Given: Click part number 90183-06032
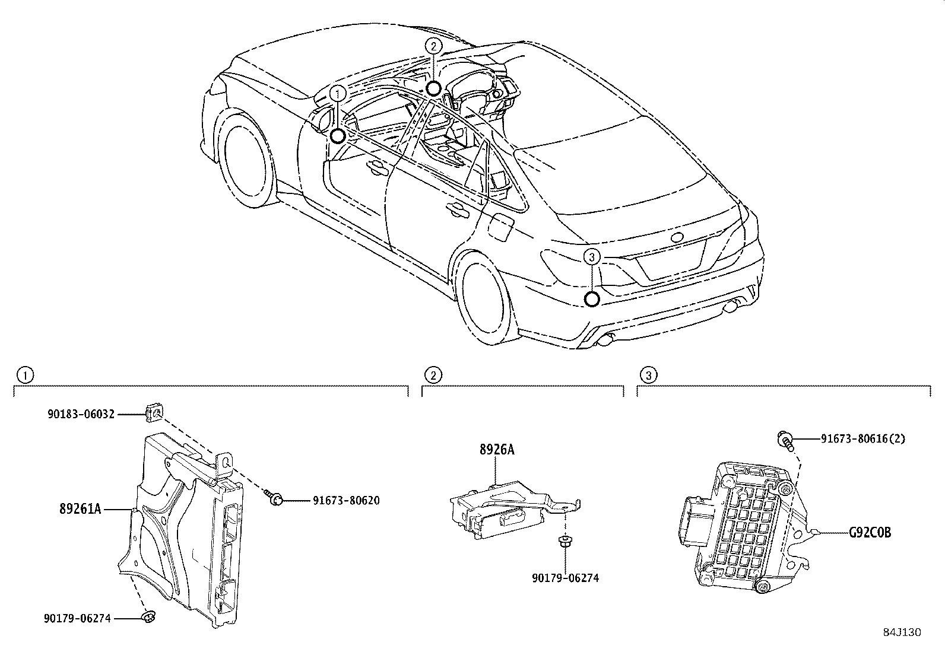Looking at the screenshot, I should (81, 414).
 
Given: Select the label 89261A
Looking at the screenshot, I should (80, 508).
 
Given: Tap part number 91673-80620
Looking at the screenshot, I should (346, 500).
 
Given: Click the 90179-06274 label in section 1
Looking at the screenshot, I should (77, 618).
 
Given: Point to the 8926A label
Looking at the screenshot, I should (497, 450).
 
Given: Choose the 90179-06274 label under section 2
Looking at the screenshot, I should (565, 578).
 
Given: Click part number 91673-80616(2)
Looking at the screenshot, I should (863, 438).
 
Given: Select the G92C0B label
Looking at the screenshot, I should (869, 533).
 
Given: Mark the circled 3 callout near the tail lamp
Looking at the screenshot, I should (592, 256).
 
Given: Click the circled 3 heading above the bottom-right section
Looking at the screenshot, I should (648, 375).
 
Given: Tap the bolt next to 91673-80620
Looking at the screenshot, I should (274, 499).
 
